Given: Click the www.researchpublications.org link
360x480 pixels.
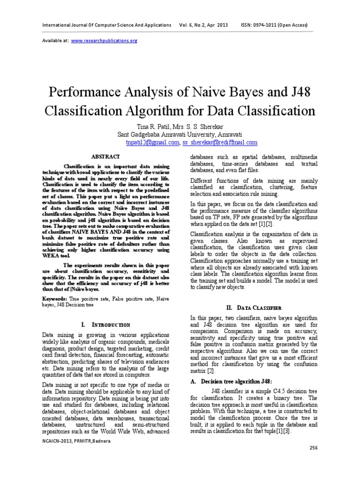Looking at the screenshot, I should click(104, 41).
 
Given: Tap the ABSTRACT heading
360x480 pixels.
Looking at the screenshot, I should click(106, 156).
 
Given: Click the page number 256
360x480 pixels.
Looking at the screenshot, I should click(315, 461).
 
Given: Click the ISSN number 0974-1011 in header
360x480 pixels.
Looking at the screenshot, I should click(270, 25).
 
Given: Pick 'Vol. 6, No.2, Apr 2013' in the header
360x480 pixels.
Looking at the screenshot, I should click(203, 25).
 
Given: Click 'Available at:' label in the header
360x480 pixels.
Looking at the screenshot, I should click(55, 41).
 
